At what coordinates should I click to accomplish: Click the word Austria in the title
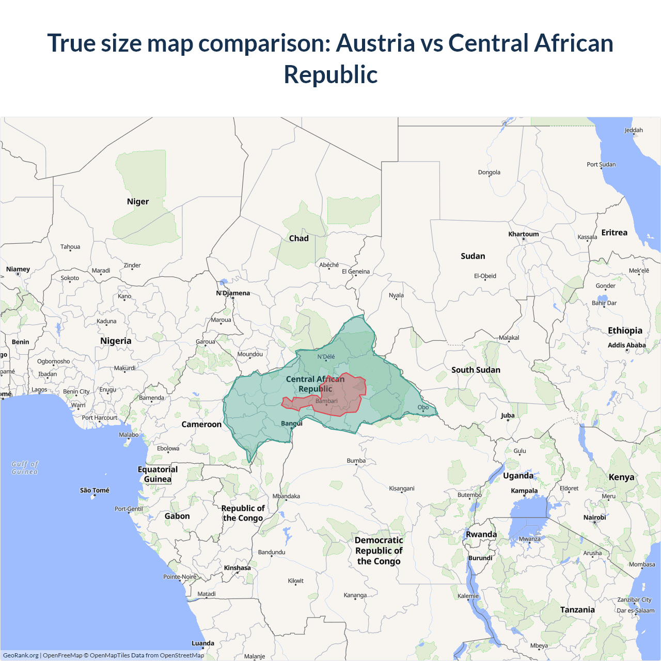375,43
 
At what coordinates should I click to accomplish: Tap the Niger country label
138,201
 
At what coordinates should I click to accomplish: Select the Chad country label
298,238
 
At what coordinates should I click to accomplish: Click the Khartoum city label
523,234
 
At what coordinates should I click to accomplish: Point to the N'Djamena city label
233,293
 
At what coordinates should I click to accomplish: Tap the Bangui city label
292,423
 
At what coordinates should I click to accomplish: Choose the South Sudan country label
476,370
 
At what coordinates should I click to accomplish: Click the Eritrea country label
614,232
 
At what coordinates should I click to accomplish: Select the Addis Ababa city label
626,345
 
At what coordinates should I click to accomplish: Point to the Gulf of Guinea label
25,468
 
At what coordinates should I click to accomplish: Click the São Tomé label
95,490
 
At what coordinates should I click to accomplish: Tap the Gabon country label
177,516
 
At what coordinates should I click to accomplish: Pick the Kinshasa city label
237,568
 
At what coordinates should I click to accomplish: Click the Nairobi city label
594,517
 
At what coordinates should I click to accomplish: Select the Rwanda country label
481,534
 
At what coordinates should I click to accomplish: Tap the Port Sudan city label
601,165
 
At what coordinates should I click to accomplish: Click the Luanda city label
203,643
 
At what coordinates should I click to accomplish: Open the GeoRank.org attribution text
21,655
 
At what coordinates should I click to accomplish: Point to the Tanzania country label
577,610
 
